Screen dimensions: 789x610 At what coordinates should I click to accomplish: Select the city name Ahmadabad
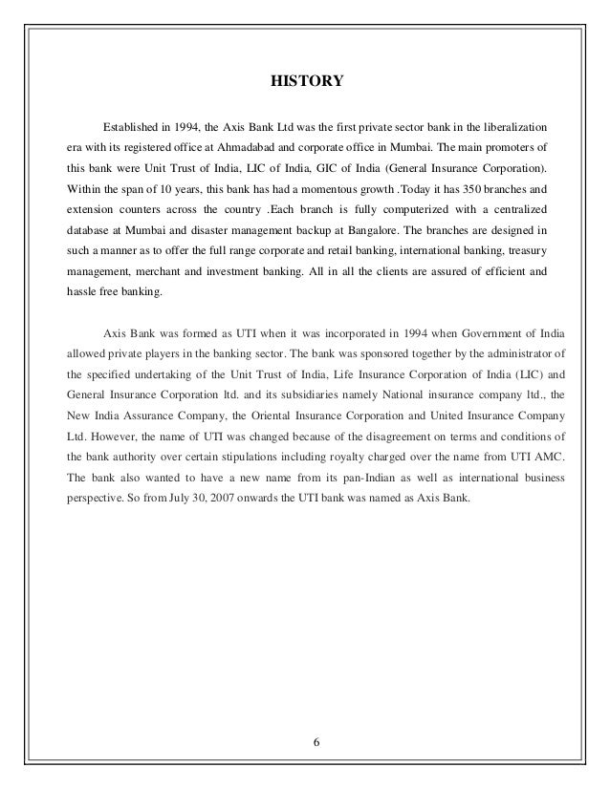click(239, 148)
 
